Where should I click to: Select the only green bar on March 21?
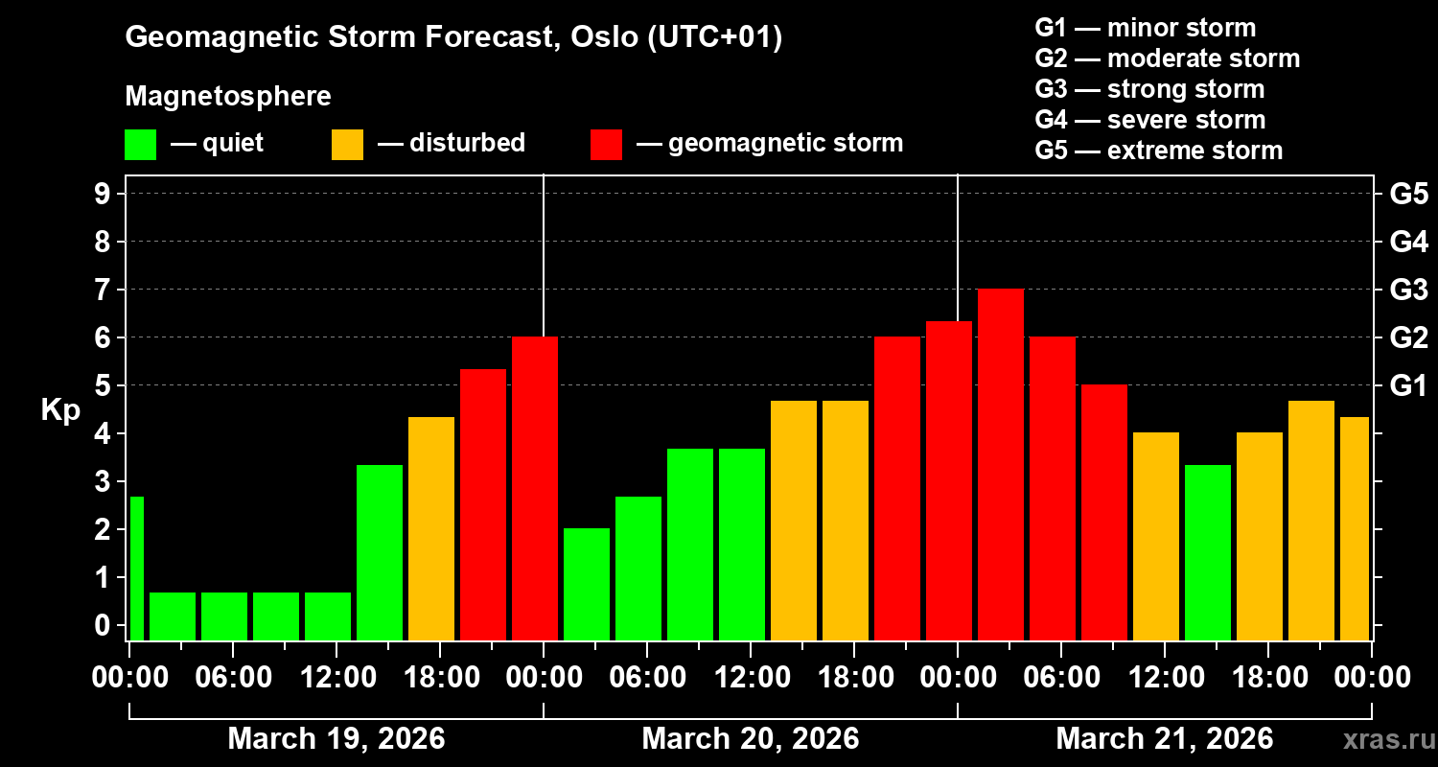[x=1208, y=552]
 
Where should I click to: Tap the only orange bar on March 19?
[x=431, y=528]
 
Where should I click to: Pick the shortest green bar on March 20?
[x=587, y=584]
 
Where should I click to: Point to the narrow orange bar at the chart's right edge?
[x=1355, y=528]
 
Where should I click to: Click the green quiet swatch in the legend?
[x=140, y=144]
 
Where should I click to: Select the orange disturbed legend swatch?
[x=347, y=144]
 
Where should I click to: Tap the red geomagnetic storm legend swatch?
[x=606, y=144]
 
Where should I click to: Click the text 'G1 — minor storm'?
[x=1146, y=28]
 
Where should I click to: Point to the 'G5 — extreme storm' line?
[x=1158, y=151]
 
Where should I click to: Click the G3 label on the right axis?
[x=1408, y=290]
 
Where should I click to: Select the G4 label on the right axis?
[x=1408, y=242]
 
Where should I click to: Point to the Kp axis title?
[x=60, y=410]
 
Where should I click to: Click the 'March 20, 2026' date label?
[x=750, y=738]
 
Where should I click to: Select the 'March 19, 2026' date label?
[x=336, y=738]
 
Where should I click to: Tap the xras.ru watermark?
[x=1381, y=739]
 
